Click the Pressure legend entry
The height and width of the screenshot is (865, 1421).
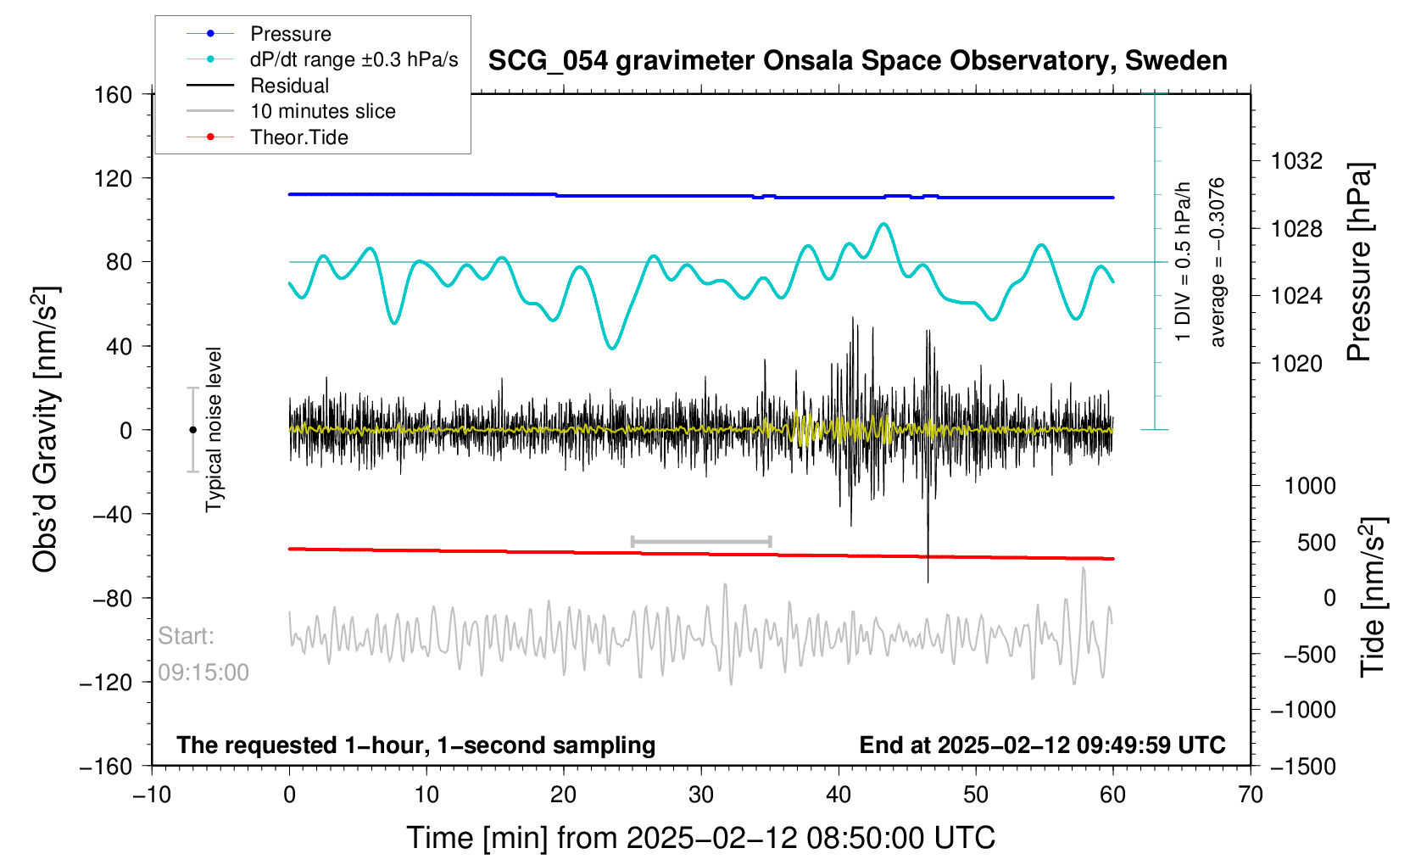[x=290, y=34]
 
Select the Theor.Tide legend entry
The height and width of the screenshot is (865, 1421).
[x=298, y=137]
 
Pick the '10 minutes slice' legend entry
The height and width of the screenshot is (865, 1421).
[x=322, y=111]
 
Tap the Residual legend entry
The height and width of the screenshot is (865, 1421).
[x=289, y=86]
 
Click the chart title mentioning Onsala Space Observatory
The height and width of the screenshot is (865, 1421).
[x=857, y=61]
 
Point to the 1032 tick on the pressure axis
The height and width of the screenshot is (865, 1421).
[x=1296, y=160]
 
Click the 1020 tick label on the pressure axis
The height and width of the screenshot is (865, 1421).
[x=1296, y=364]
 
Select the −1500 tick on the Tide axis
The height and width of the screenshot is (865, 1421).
[x=1302, y=766]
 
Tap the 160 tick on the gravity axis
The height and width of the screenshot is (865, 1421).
[x=113, y=94]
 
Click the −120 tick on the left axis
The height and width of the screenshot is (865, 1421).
[x=106, y=683]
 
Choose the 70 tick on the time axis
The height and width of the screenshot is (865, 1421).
[x=1250, y=795]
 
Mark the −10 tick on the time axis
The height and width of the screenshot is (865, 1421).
[x=152, y=795]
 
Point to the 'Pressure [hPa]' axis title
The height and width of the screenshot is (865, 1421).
[x=1359, y=263]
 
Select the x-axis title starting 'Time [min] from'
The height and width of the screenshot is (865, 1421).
[x=700, y=838]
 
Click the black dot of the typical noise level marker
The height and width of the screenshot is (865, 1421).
[x=192, y=430]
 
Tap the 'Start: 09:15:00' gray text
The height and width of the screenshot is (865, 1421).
[x=203, y=654]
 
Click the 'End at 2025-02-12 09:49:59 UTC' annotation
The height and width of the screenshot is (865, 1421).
[x=1042, y=745]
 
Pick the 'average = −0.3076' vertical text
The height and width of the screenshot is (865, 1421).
[x=1218, y=263]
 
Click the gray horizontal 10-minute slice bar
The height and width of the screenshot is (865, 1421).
[x=701, y=541]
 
